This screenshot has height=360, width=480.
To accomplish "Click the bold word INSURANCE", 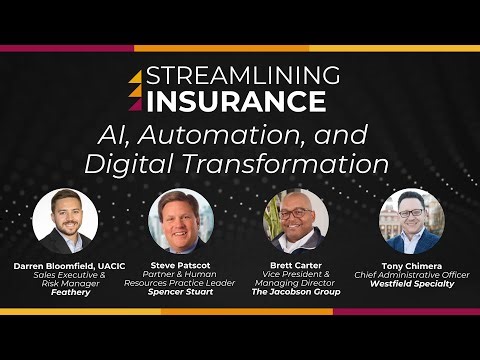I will point(236,101).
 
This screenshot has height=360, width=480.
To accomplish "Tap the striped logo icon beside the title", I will point(136,90).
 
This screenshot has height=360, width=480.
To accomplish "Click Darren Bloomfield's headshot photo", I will point(65,221).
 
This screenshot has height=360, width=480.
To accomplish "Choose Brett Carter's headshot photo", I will point(296,221).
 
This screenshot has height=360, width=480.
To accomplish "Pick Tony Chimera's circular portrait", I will point(411,221).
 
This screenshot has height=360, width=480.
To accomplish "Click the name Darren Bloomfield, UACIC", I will point(65,266).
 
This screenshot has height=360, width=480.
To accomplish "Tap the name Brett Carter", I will point(296,266).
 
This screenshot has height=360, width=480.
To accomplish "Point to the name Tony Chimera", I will point(411,266).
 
